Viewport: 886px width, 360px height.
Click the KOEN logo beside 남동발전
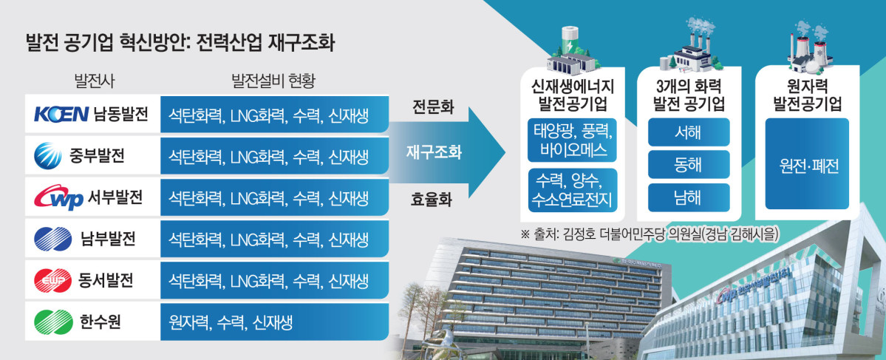point(61,115)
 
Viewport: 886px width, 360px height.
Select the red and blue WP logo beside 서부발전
point(58,198)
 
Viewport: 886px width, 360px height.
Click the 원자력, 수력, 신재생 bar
point(275,323)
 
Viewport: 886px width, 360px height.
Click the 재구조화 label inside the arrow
point(434,152)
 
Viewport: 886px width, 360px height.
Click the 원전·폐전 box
point(807,164)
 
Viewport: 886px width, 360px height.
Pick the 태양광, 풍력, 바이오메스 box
point(573,140)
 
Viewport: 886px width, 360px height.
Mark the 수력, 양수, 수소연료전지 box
point(573,190)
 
